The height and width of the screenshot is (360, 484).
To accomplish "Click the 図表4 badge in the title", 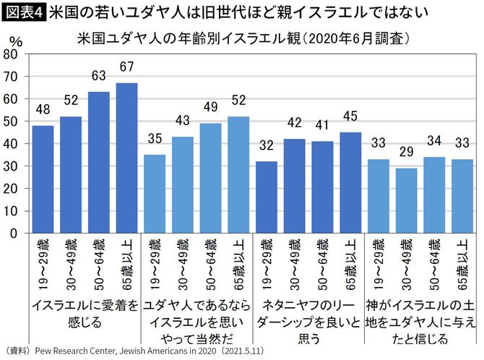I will (x=23, y=12).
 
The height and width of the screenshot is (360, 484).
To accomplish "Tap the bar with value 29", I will (x=405, y=200).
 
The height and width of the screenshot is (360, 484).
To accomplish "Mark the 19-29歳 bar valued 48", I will (x=43, y=179).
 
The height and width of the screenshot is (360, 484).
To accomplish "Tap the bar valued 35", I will (x=155, y=194).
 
